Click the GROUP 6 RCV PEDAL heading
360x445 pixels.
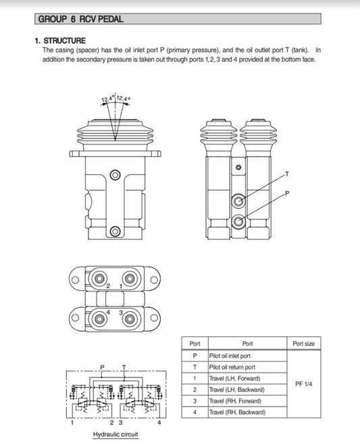80,19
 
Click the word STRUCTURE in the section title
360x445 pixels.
64,41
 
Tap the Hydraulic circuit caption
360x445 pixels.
115,434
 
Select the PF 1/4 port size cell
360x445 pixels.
303,384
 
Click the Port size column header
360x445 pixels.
303,344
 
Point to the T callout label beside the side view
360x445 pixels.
287,174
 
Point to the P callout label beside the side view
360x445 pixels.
287,193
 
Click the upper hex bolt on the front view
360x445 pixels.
115,175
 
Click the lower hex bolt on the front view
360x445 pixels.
115,232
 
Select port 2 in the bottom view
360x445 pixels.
99,278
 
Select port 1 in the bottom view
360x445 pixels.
130,278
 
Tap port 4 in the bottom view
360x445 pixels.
99,319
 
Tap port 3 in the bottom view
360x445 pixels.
130,319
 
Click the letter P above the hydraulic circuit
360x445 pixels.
102,367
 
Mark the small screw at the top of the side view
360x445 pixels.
238,167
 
